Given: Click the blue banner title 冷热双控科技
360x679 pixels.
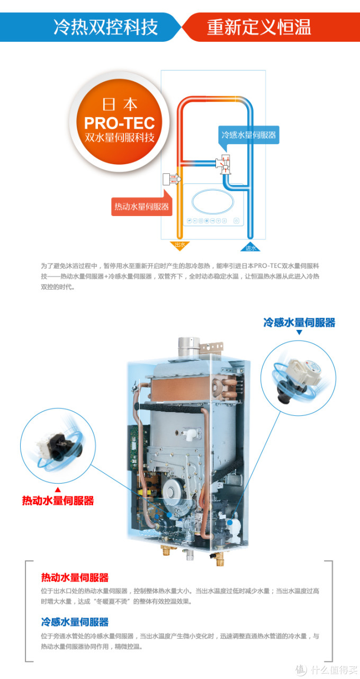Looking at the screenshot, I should point(106,27).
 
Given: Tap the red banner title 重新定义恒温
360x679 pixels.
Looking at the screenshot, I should point(259,27).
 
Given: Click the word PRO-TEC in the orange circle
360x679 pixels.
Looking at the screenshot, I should point(120,123).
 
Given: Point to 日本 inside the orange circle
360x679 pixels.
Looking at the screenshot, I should point(120,104).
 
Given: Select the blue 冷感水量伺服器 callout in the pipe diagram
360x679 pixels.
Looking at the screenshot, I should point(248,135).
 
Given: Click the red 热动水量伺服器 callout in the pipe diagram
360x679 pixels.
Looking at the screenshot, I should point(142,207).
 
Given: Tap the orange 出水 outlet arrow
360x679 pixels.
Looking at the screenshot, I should point(180,245).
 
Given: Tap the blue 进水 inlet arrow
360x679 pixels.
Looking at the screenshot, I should point(250,247).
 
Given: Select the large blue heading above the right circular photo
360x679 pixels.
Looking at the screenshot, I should point(299,323).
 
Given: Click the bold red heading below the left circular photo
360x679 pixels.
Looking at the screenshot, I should point(58,501).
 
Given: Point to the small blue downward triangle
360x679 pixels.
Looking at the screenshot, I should point(299,333).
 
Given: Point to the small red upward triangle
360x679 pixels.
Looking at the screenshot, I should point(58,490).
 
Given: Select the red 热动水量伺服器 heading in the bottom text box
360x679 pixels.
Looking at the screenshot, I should point(75,578).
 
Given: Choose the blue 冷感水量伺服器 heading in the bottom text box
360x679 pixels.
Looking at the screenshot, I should point(75,622).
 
